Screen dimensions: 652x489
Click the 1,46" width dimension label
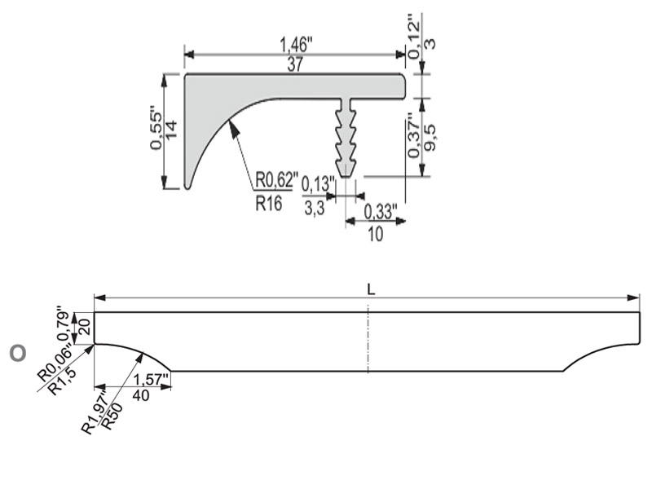(296, 45)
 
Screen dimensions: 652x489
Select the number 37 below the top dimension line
(295, 65)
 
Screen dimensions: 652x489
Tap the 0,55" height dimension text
(156, 130)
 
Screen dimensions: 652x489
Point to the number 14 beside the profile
(171, 130)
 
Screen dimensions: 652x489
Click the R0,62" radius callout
(276, 180)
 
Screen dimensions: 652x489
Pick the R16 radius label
(269, 203)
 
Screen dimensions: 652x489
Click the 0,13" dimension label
(318, 184)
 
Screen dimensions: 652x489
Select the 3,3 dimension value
(315, 208)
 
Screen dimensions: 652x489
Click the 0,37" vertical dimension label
(414, 134)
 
